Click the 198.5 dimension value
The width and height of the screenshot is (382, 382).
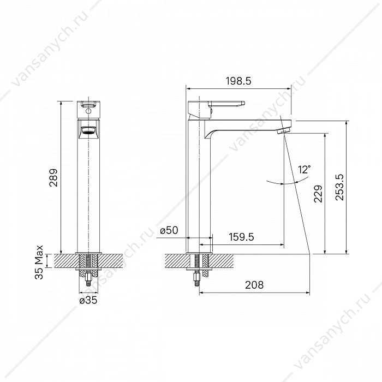(x=238, y=81)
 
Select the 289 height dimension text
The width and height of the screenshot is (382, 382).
(x=53, y=177)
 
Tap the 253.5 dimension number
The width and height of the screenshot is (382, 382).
(x=339, y=187)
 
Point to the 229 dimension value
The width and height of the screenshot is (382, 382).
(x=318, y=194)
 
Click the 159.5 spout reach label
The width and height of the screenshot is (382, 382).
(x=241, y=237)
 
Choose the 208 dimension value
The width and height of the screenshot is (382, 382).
(x=254, y=284)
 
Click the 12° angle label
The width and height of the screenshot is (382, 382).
(x=305, y=169)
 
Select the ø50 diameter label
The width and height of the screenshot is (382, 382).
(x=169, y=230)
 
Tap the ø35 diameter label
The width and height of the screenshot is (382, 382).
(x=88, y=300)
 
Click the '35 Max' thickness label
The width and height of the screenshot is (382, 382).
(x=39, y=262)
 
